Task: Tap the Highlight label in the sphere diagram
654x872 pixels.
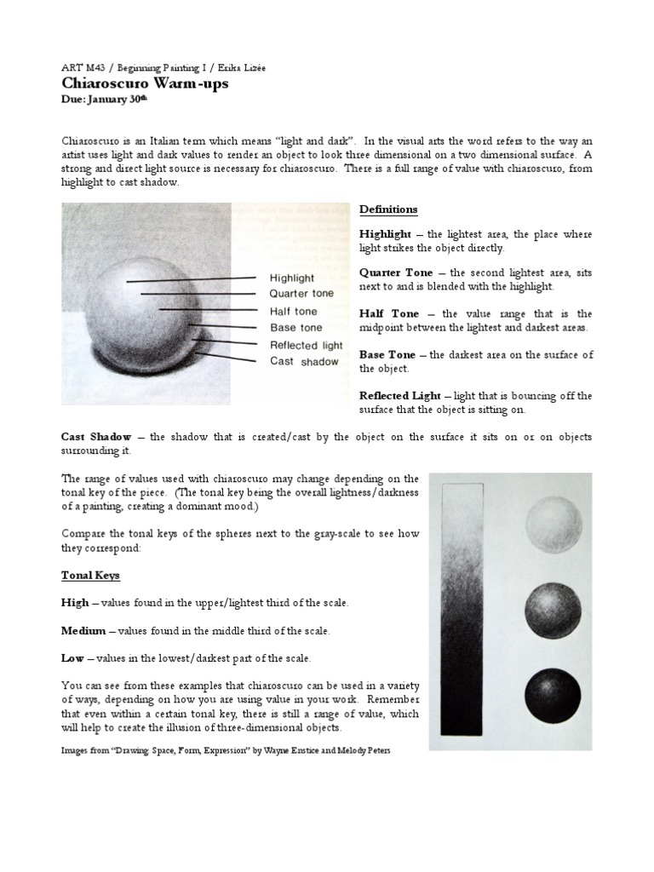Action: coord(291,278)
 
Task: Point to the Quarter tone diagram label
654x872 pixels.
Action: coord(301,294)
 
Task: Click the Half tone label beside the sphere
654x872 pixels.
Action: coord(293,311)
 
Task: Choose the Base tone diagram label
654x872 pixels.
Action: coord(295,328)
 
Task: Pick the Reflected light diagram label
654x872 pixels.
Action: coord(306,345)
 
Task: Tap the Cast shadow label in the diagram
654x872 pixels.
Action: coord(303,361)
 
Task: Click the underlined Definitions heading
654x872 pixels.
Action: coord(388,209)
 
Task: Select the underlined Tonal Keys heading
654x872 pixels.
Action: coord(90,575)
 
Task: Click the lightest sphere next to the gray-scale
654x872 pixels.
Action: coord(554,525)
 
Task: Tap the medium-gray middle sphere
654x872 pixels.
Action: coord(554,612)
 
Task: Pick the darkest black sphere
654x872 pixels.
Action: coord(554,696)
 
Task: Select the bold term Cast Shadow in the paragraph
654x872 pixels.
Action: coord(96,437)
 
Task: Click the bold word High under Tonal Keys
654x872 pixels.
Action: coord(74,603)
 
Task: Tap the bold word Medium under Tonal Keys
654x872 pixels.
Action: coord(83,631)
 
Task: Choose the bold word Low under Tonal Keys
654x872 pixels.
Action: coord(72,658)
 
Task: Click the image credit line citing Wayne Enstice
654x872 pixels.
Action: coord(226,751)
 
